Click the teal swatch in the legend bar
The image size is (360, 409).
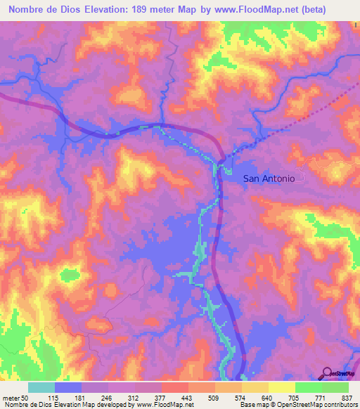click(x=41, y=387)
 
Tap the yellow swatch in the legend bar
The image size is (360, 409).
click(x=281, y=387)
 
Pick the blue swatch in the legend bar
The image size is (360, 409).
click(x=68, y=387)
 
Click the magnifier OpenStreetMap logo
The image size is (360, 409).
click(x=328, y=372)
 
